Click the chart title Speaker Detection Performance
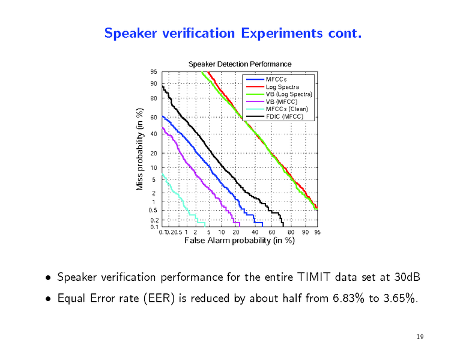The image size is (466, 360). (240, 64)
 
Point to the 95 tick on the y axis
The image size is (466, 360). (154, 72)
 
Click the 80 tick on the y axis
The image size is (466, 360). (154, 98)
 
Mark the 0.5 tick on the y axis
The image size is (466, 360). (153, 211)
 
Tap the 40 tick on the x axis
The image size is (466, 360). (255, 232)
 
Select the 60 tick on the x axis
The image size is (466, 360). (272, 232)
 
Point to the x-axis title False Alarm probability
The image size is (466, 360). (240, 241)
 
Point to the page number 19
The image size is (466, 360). (420, 337)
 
